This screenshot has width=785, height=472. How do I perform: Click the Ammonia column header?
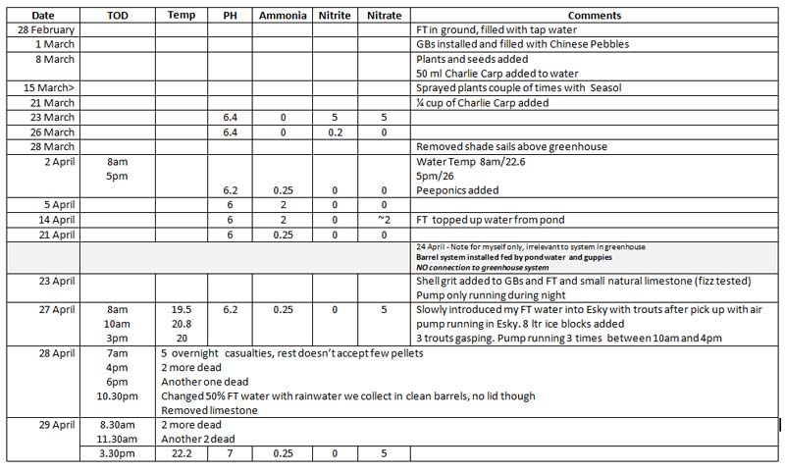(x=283, y=17)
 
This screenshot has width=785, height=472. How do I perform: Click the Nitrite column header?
(x=335, y=17)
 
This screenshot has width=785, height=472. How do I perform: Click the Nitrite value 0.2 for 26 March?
(x=335, y=131)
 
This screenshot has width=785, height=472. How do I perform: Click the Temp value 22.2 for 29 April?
(x=181, y=455)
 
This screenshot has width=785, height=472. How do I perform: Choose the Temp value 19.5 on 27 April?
(x=181, y=309)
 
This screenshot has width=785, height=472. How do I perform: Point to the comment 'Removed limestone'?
(x=209, y=410)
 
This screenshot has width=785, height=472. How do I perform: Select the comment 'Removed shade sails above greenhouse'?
(x=511, y=146)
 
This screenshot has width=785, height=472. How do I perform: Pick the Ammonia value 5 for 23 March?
(x=335, y=118)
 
